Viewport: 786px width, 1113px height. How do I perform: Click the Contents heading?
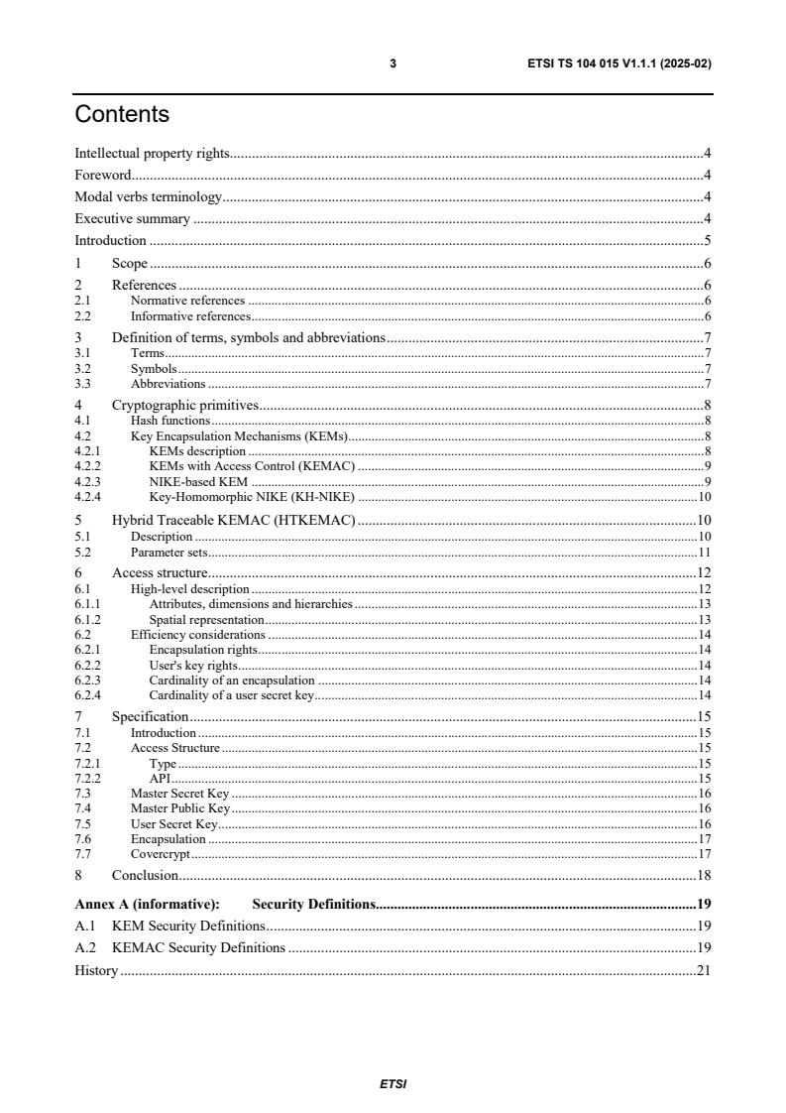click(x=122, y=115)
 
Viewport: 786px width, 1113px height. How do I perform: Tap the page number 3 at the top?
click(x=393, y=63)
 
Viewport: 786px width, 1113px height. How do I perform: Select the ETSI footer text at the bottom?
click(x=393, y=1084)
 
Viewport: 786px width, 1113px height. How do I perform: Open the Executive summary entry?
click(x=133, y=219)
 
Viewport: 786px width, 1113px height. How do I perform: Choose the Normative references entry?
click(x=187, y=300)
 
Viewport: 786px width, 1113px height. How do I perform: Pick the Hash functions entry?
click(x=170, y=421)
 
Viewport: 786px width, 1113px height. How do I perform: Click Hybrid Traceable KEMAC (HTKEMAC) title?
click(x=234, y=519)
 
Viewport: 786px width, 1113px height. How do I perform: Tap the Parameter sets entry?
click(x=168, y=552)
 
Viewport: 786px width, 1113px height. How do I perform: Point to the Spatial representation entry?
click(x=206, y=619)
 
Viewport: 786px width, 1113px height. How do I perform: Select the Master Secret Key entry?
click(x=179, y=793)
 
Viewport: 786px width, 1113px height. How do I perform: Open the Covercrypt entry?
click(x=160, y=853)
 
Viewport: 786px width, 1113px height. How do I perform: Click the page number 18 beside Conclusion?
click(x=703, y=875)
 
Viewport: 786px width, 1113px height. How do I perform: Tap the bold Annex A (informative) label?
click(x=147, y=905)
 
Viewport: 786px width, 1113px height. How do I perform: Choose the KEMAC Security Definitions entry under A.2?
click(x=198, y=948)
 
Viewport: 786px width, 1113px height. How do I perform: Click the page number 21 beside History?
click(x=703, y=970)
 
